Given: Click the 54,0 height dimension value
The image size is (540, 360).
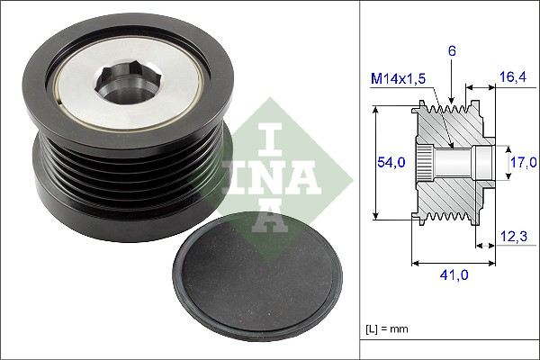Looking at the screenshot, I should click(390, 162).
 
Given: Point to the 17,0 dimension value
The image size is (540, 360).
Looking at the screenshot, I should click(522, 162).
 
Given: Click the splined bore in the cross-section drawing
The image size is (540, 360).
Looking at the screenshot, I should click(428, 162).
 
